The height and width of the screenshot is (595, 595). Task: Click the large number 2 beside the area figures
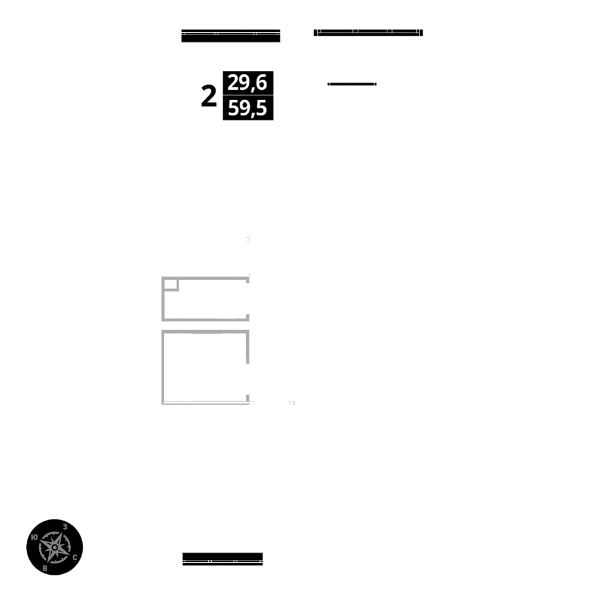click(x=208, y=96)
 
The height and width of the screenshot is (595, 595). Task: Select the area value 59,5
click(x=248, y=109)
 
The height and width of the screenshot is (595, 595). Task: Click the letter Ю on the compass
click(x=35, y=537)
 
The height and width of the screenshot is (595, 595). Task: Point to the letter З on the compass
click(x=64, y=527)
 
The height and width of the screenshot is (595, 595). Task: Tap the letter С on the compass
click(x=74, y=558)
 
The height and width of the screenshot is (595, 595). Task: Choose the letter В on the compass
click(x=45, y=568)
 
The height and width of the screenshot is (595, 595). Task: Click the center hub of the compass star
click(x=54, y=546)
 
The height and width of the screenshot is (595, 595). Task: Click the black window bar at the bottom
click(x=223, y=559)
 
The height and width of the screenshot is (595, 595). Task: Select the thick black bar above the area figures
click(x=231, y=36)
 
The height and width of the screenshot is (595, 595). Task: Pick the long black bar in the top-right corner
click(x=368, y=33)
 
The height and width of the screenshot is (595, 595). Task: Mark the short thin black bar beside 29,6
click(x=352, y=84)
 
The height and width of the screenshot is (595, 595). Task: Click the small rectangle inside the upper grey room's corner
click(x=170, y=284)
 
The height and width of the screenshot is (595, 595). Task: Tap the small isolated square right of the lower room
click(x=292, y=403)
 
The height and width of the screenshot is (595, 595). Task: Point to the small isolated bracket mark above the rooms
click(x=248, y=239)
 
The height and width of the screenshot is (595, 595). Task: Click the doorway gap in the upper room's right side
click(x=249, y=297)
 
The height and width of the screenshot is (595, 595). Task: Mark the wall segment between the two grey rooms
click(x=205, y=325)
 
